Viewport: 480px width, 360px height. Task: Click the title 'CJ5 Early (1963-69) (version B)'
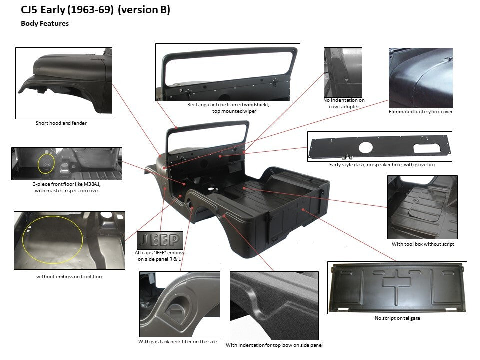pos(95,10)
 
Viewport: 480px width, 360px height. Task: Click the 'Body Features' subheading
pos(45,23)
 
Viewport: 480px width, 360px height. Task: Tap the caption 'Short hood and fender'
pos(61,123)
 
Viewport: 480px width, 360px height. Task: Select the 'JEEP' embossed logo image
pos(160,240)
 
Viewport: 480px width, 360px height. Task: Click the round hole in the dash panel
pos(366,148)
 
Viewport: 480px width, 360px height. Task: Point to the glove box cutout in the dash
pos(427,148)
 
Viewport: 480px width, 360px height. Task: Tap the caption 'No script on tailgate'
pos(397,318)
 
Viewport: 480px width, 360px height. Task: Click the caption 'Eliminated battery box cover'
pos(421,112)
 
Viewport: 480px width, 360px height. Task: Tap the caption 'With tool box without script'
pos(423,244)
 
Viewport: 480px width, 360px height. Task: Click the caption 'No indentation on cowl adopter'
pos(344,103)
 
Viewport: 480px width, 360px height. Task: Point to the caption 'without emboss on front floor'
pos(70,276)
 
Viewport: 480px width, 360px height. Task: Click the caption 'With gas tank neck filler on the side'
pos(178,342)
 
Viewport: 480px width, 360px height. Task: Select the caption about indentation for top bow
pos(274,345)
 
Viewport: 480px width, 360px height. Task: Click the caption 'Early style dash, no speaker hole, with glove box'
pos(382,165)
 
